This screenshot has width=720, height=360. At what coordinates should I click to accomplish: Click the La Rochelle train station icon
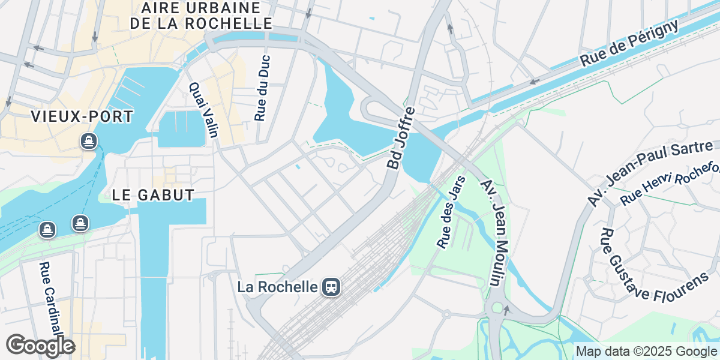point(331,287)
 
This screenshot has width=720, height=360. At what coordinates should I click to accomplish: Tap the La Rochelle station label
point(277,287)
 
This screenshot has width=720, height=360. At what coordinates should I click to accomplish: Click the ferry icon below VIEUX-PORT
point(89,142)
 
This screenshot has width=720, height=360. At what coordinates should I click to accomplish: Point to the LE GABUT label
point(153,195)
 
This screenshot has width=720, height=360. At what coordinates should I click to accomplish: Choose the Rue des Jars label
point(451,212)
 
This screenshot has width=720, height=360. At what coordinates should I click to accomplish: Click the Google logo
point(40,346)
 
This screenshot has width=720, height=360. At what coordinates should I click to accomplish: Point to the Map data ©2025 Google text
point(646,351)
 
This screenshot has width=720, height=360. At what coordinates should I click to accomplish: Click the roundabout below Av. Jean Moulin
point(497,308)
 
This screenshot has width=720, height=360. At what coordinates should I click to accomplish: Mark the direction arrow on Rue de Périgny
point(533,82)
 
